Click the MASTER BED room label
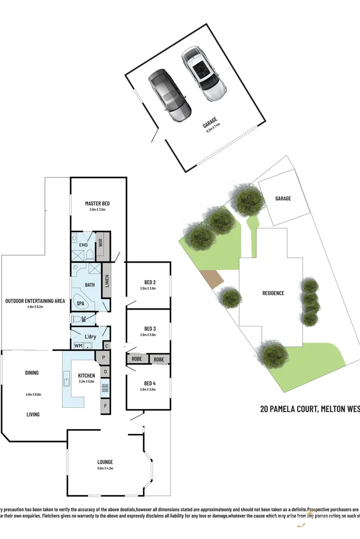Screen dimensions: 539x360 click(x=97, y=204)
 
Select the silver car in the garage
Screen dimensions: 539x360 click(x=204, y=74)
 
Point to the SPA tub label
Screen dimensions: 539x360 click(x=80, y=304)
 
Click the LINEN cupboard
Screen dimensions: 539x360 click(x=107, y=281)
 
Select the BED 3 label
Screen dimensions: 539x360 click(x=148, y=328)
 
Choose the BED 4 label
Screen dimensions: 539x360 click(x=148, y=383)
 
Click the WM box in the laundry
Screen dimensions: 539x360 click(x=78, y=346)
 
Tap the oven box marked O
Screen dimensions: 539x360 click(x=105, y=372)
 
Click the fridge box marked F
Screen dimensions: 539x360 click(x=105, y=405)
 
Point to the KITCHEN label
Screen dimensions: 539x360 click(x=86, y=376)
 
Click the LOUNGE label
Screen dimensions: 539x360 click(x=105, y=462)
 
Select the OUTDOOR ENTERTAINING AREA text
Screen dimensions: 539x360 click(x=35, y=301)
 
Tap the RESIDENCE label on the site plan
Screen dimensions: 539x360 click(x=273, y=293)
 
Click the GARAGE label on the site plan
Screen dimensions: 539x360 click(x=283, y=199)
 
